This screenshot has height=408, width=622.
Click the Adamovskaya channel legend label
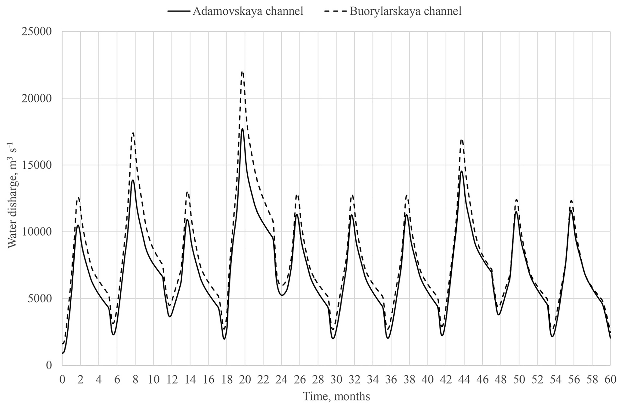tap(248, 11)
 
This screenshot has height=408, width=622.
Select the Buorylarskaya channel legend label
tap(405, 11)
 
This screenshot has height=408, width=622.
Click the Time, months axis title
tap(336, 396)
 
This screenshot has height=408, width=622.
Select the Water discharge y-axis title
tap(13, 195)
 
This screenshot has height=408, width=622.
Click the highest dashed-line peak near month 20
tap(243, 72)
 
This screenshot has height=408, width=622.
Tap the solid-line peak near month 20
tap(242, 129)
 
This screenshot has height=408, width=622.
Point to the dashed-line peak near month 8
tap(133, 133)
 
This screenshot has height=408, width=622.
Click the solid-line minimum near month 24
tap(282, 295)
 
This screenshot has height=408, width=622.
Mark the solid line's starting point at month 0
tap(63, 353)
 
